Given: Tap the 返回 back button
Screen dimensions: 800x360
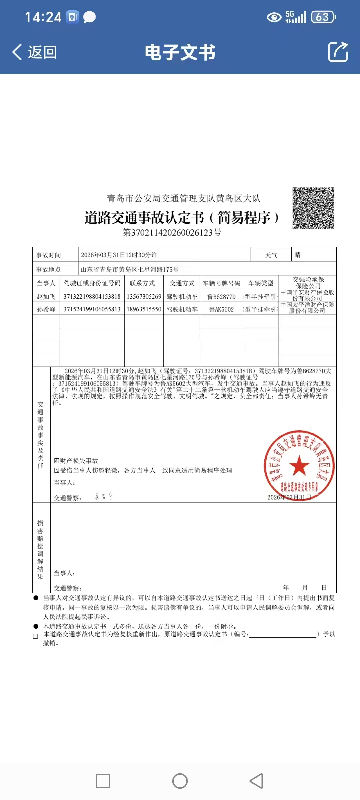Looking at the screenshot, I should (35, 52).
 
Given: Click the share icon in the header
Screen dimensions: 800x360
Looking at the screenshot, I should (338, 52).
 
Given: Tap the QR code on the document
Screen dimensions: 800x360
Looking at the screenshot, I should (313, 208).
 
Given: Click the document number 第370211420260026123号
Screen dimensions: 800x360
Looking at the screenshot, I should (172, 232).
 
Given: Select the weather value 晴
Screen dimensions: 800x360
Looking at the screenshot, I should (297, 255).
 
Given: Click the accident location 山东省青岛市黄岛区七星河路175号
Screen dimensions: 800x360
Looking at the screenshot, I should (130, 269).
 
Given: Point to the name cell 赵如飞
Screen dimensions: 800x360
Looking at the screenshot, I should (46, 297).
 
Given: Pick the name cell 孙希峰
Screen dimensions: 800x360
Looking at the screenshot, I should (46, 309).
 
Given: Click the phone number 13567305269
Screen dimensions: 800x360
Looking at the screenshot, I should (144, 297).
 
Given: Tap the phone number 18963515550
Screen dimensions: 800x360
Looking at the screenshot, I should (144, 309).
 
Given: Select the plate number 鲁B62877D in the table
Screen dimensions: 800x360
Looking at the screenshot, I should (221, 297).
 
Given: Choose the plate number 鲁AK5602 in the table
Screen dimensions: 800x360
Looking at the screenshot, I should (221, 309).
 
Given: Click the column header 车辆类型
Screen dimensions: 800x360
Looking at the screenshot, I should (261, 283).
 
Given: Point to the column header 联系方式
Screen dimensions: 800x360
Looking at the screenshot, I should (142, 283).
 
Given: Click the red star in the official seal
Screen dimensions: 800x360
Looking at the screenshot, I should (299, 465).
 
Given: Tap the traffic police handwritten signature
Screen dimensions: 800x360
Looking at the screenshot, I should (104, 496).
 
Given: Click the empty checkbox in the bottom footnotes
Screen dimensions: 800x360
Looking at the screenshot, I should (35, 636).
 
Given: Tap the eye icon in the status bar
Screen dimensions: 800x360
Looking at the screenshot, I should (274, 17).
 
